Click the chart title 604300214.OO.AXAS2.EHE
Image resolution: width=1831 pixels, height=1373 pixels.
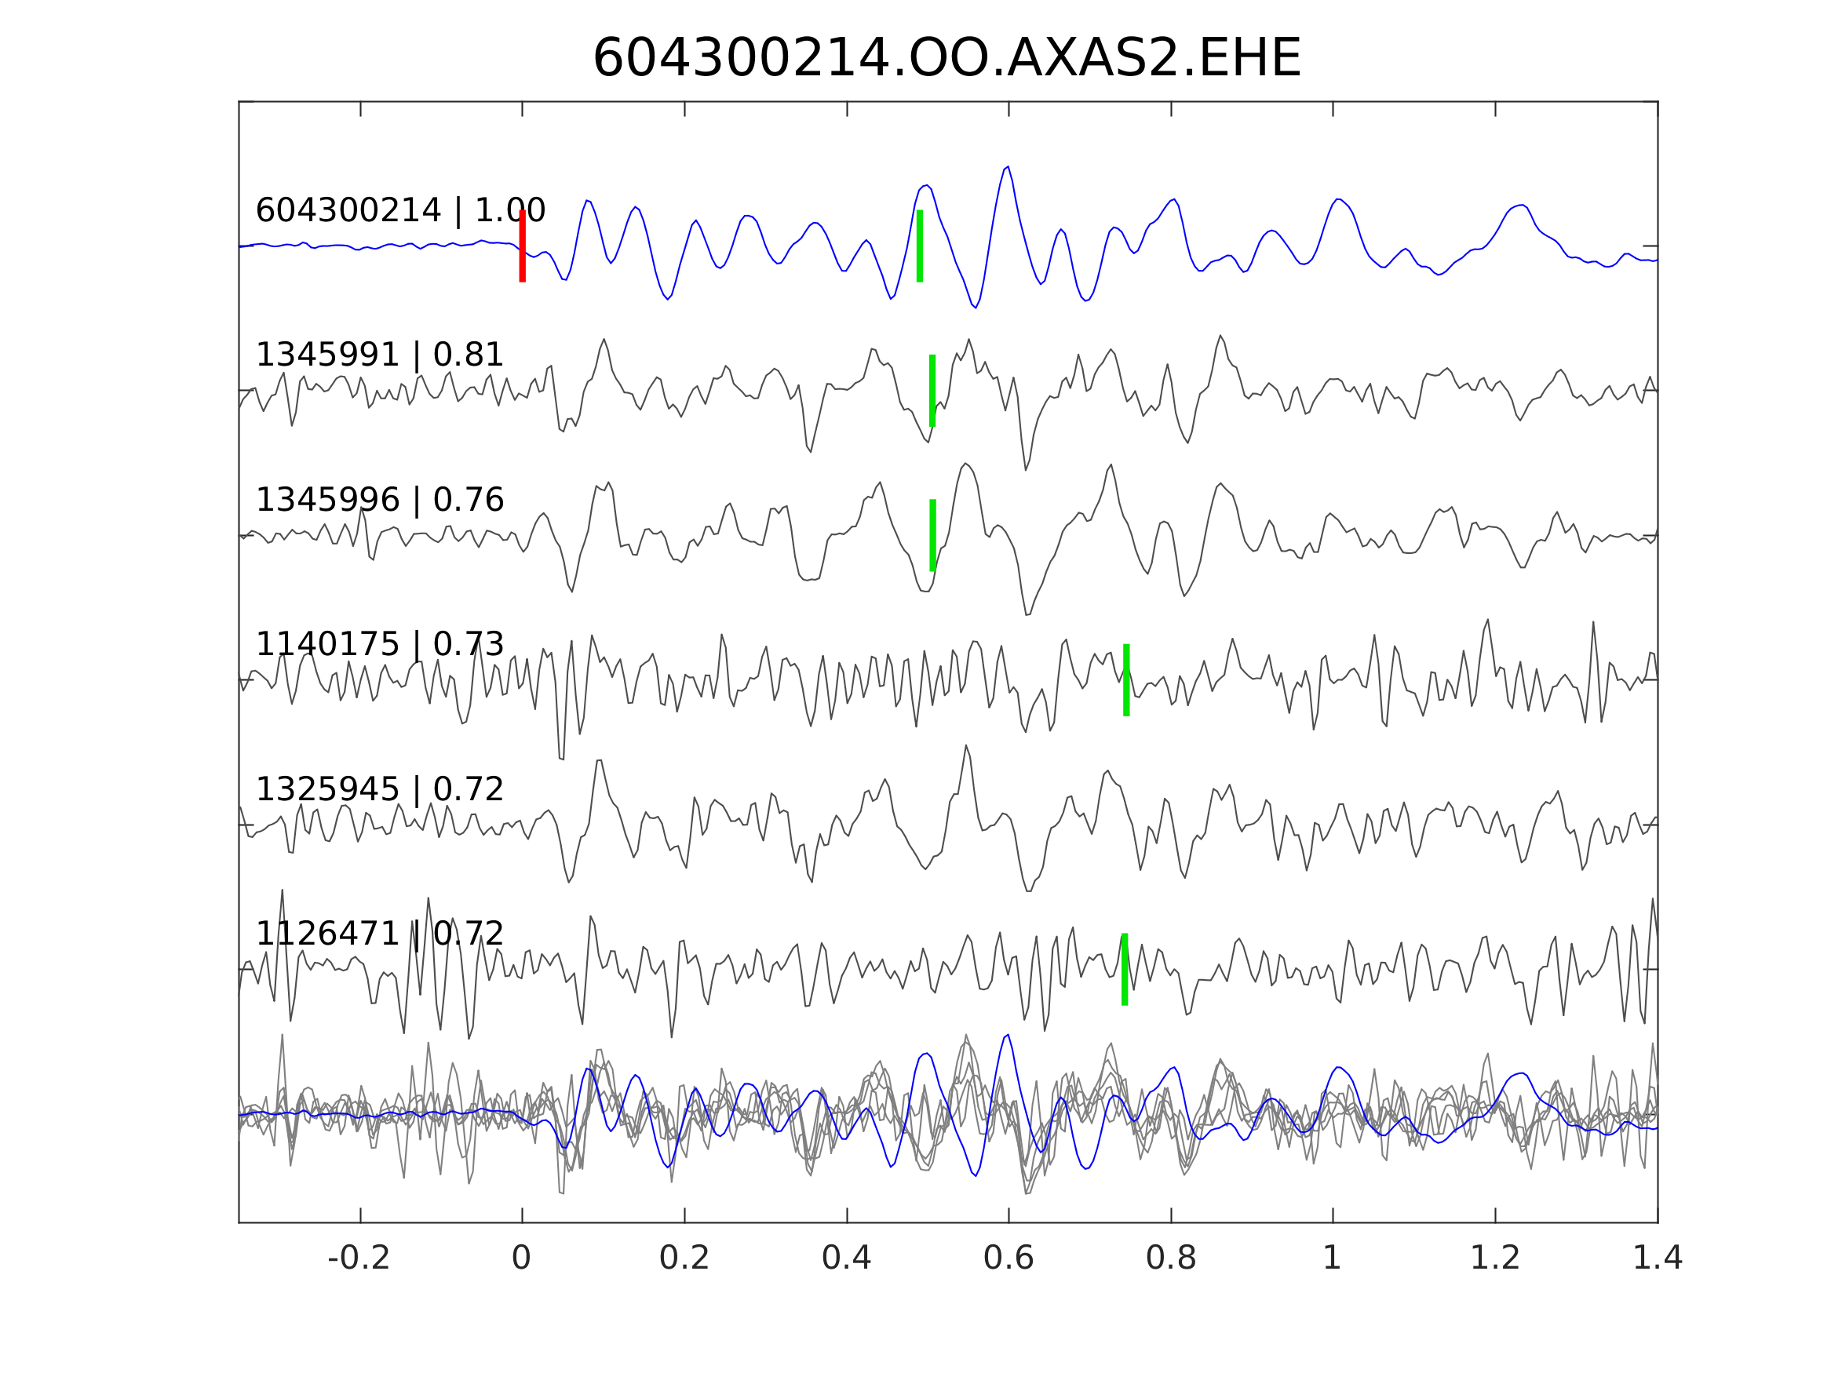(947, 59)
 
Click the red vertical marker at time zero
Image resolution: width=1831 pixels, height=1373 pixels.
(523, 246)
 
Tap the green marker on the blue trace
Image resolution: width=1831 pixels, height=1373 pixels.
(920, 246)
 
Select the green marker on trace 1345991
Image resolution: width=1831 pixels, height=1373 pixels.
(932, 391)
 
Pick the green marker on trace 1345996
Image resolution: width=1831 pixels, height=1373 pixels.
(933, 535)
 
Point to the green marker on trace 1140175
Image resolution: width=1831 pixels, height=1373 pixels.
(1126, 680)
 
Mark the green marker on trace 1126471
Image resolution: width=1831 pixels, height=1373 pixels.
(1125, 970)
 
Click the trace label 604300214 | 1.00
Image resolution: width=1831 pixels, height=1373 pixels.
(399, 211)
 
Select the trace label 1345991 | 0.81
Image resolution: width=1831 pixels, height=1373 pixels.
(379, 356)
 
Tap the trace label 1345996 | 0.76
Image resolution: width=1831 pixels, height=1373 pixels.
(379, 501)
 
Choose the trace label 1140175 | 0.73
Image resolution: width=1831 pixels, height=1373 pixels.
(379, 645)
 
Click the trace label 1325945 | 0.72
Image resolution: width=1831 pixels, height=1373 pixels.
(379, 790)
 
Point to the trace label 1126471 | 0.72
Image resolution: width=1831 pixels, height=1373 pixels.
(379, 934)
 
